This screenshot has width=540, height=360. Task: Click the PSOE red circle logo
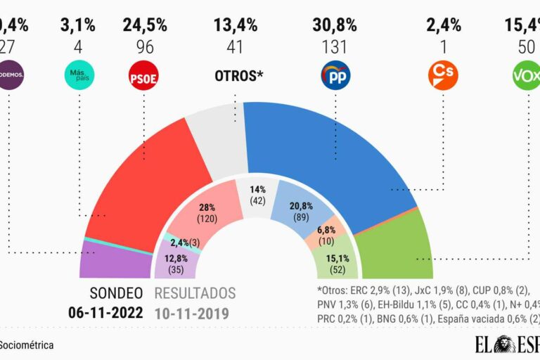pyautogui.click(x=144, y=75)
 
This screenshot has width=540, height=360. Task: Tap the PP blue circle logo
pyautogui.click(x=335, y=75)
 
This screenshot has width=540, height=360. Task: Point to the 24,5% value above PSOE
pyautogui.click(x=145, y=26)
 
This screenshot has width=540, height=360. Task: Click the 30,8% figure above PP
pyautogui.click(x=335, y=26)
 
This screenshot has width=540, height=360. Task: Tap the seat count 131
pyautogui.click(x=335, y=47)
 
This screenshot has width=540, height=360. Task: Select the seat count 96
pyautogui.click(x=145, y=47)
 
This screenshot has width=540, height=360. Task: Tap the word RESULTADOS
pyautogui.click(x=195, y=293)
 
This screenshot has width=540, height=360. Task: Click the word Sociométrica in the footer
pyautogui.click(x=27, y=345)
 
